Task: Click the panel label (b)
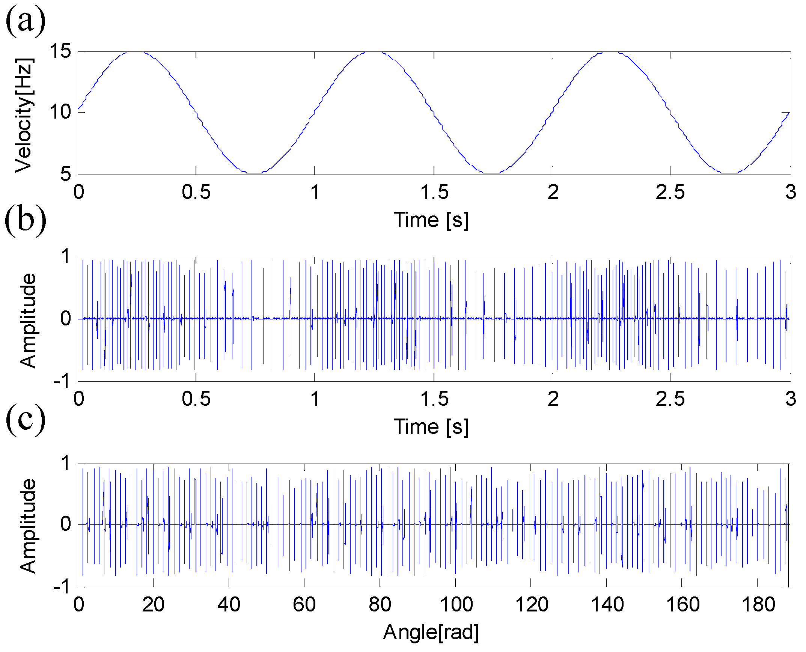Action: coord(26,221)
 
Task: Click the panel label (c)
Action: coord(26,420)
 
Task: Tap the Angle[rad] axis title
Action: coord(431,632)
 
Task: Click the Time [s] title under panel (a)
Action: coord(431,220)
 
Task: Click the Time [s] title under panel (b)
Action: coord(431,427)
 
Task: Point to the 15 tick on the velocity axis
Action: coord(60,51)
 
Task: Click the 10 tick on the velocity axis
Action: coord(60,112)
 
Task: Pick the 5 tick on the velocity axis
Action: coord(65,174)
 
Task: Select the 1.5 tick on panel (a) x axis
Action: coord(434,192)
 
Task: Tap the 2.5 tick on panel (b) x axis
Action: coord(670,399)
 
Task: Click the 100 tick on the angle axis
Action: coord(456,605)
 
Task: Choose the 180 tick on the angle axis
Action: coord(758,605)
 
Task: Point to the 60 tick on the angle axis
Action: coord(304,605)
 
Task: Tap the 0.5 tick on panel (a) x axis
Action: coord(196,192)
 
